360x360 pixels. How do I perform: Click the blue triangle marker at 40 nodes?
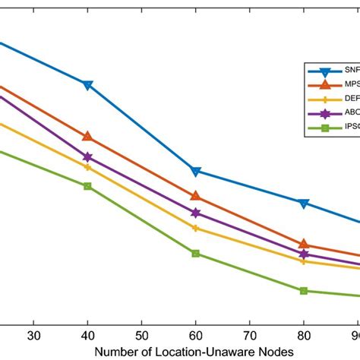(x=87, y=84)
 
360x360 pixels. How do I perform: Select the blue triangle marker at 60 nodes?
(x=196, y=172)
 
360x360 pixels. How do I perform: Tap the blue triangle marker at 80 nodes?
(x=304, y=204)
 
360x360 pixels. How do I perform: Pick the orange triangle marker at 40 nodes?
(x=87, y=136)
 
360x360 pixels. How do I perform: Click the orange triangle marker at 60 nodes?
(x=196, y=196)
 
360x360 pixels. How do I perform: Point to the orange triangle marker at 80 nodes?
(x=304, y=244)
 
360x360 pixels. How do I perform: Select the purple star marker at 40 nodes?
(x=87, y=157)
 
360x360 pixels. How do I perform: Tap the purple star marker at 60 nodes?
(x=196, y=213)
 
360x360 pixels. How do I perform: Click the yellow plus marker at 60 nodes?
(x=196, y=228)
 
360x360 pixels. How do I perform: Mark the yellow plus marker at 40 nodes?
(x=87, y=167)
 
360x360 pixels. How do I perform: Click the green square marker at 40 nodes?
(x=87, y=186)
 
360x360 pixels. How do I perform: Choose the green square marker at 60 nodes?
(x=196, y=254)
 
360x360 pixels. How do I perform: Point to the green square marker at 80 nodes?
(x=304, y=291)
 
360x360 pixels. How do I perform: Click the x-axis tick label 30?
(x=33, y=335)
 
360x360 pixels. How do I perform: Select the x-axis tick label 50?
(x=142, y=335)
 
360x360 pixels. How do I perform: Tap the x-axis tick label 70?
(x=250, y=335)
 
